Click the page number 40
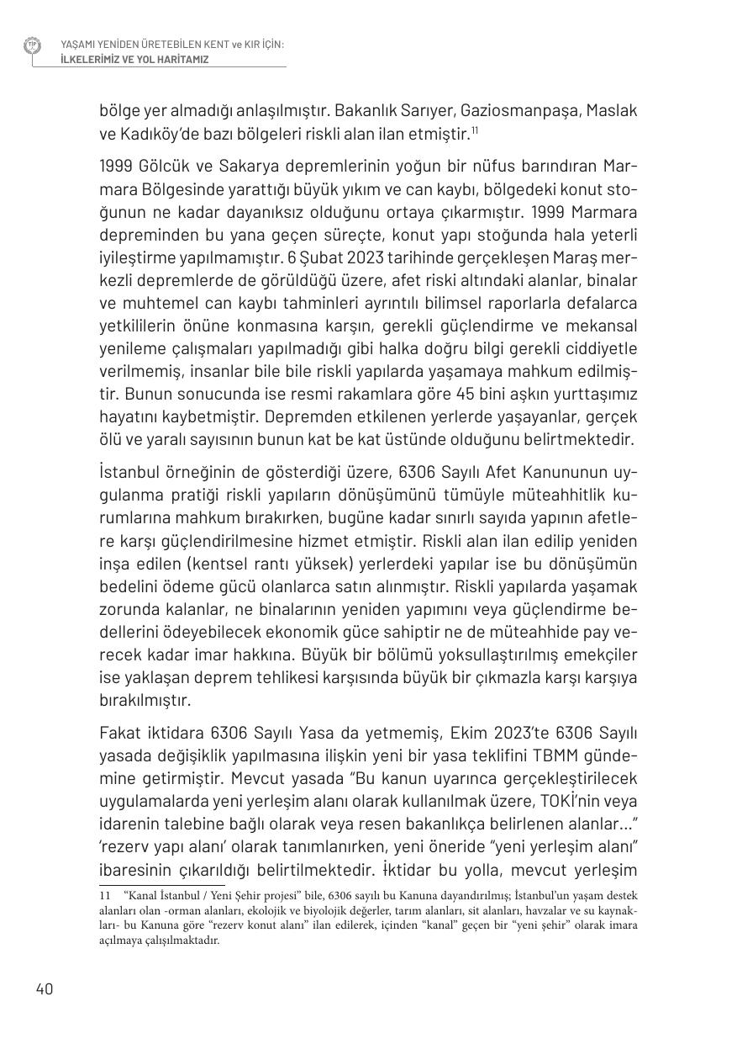coord(45,989)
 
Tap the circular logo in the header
coord(32,46)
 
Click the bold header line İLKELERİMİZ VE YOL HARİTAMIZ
coord(134,60)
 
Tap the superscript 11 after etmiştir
coord(475,130)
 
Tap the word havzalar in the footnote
coord(529,913)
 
